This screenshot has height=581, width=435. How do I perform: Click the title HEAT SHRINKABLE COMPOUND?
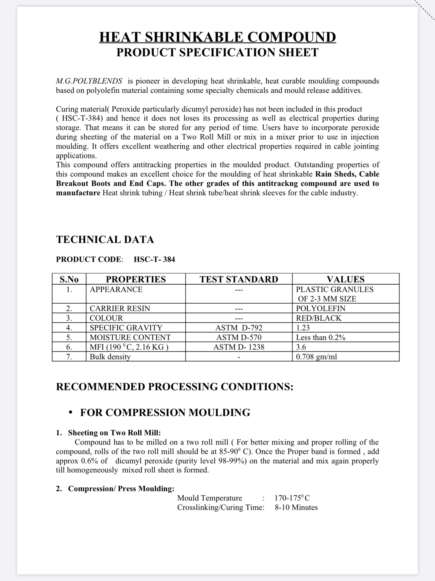point(217,37)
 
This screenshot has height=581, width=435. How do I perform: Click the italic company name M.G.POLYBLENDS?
point(89,81)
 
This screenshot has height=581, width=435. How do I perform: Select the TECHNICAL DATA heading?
point(105,239)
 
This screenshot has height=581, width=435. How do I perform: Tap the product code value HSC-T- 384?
point(154,259)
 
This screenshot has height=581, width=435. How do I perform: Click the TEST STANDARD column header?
point(239,279)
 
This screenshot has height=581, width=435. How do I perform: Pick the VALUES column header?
point(346,279)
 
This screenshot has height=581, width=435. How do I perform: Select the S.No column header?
point(69,279)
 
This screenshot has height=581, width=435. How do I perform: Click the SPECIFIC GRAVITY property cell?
point(126,328)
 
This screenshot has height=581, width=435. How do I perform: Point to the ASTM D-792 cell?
point(239,328)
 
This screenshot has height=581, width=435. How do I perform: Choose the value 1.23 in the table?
point(303,328)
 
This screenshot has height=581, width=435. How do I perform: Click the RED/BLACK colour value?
point(319,318)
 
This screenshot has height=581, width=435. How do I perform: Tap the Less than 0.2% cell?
point(321,337)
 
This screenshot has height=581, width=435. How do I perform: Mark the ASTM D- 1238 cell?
point(239,347)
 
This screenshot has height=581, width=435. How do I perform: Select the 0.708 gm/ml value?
point(316,357)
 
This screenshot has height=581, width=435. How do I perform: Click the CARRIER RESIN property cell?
point(120,308)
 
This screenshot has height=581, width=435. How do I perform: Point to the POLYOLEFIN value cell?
point(321,308)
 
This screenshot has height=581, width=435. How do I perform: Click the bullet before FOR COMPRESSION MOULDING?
point(71,412)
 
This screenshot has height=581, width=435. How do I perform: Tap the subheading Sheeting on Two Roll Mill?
point(114,433)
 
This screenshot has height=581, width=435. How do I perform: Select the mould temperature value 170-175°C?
point(292,498)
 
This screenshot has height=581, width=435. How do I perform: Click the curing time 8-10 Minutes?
point(296,507)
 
